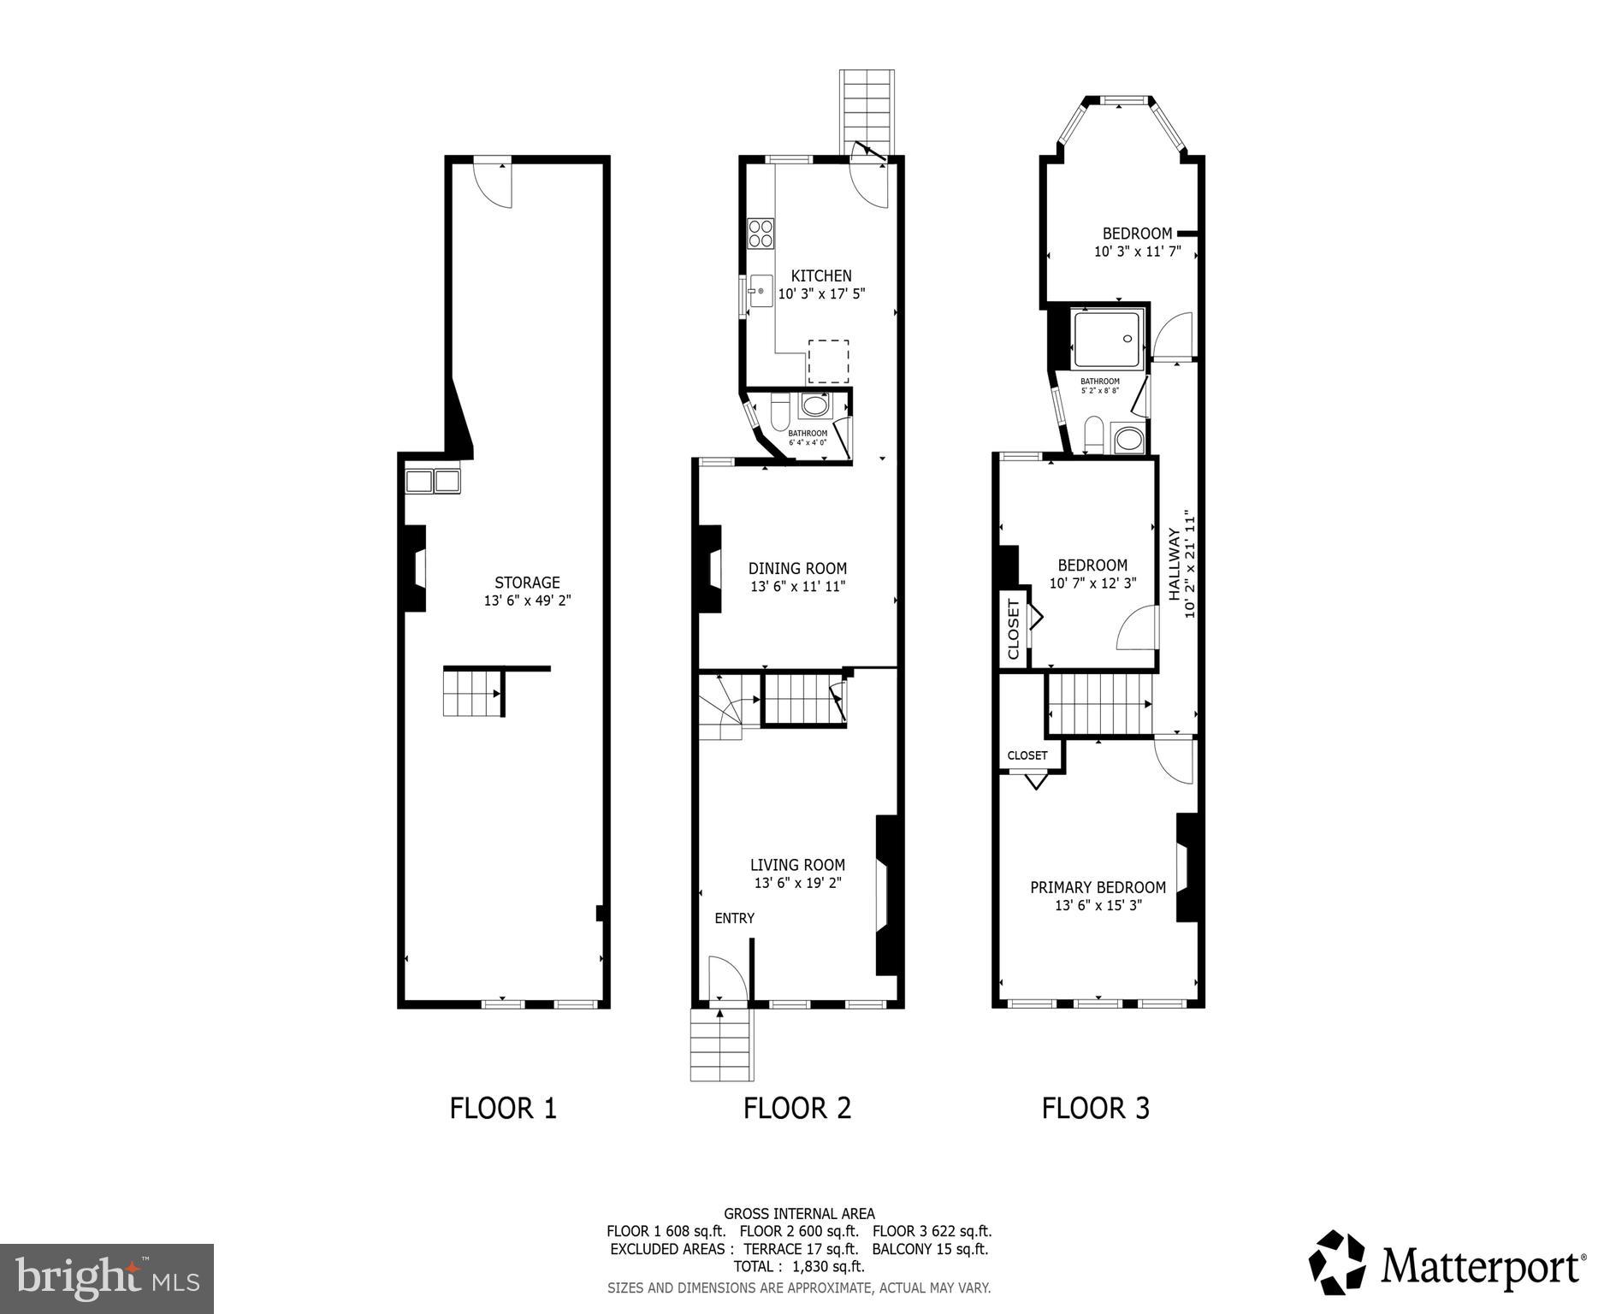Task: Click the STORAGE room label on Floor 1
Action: coord(527,583)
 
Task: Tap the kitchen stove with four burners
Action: coord(761,234)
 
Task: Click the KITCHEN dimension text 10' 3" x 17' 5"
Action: coord(821,294)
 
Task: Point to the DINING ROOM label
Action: coord(797,568)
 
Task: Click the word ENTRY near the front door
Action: coord(734,918)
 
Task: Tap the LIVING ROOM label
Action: coord(797,865)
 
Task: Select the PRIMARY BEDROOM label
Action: coord(1098,887)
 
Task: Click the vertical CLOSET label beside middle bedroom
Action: coord(1014,629)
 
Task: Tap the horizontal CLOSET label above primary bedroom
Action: coord(1027,755)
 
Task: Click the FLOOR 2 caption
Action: coord(796,1109)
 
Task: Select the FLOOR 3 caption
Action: coord(1095,1109)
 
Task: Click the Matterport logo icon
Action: coord(1337,1263)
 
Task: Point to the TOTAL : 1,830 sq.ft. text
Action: coord(798,1266)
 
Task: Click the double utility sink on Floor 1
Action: coord(432,481)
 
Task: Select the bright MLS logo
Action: coord(107,1278)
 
